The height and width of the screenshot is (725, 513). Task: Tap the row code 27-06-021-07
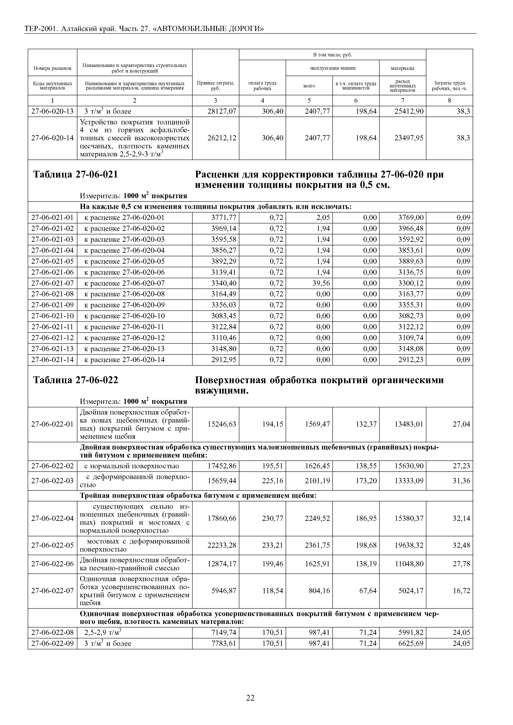click(x=53, y=283)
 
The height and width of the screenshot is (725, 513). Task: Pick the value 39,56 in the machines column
click(x=321, y=283)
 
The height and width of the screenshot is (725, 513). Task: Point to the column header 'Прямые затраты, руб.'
click(x=216, y=85)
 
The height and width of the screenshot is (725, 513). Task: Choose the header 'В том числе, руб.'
click(x=332, y=55)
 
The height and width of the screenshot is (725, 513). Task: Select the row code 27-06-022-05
click(x=53, y=545)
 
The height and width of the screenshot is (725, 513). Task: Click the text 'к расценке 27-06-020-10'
click(x=125, y=316)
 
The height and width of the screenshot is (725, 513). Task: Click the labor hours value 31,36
click(x=461, y=481)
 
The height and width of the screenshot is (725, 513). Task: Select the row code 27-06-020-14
click(x=53, y=138)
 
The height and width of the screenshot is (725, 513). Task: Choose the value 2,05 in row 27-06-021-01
click(x=323, y=218)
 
